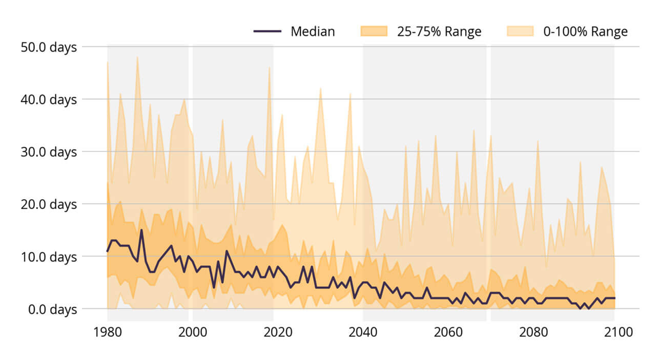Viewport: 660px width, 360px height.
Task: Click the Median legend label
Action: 313,32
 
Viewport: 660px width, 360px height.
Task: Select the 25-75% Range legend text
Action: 439,32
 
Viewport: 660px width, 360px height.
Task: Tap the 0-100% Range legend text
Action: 586,32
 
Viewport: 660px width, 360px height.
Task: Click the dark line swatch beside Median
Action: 267,32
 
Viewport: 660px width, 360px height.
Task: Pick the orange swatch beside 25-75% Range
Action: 374,32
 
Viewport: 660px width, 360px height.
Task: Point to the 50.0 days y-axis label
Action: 49,47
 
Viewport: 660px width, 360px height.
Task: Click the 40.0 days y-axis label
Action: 49,99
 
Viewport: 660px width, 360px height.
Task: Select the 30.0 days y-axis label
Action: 49,152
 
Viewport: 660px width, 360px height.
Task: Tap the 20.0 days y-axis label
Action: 49,204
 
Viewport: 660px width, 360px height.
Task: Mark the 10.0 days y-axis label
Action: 49,257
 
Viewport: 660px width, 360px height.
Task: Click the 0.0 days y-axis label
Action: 52,309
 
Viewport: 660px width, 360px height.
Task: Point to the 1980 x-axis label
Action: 107,332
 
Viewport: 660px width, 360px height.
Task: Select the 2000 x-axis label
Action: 192,332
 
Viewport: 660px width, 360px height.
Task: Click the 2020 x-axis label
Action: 277,332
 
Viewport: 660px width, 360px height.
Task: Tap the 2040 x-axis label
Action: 363,332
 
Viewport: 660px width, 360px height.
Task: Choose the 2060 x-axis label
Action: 448,332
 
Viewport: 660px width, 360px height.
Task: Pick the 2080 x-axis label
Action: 533,332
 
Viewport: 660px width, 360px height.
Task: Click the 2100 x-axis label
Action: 618,332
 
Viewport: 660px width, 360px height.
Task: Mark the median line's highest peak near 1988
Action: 141,230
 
